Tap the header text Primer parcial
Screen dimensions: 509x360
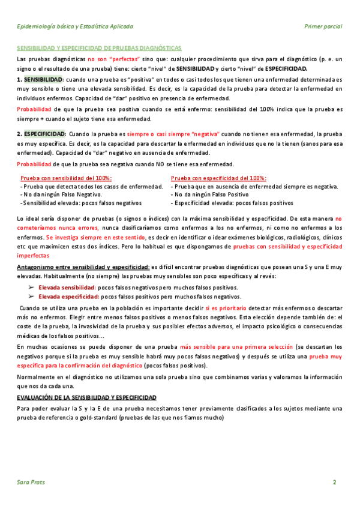pyautogui.click(x=323, y=27)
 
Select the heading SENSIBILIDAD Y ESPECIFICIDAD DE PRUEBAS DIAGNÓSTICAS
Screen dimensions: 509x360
pyautogui.click(x=100, y=47)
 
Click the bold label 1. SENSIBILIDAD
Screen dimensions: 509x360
pyautogui.click(x=40, y=79)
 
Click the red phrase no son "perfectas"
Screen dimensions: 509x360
pyautogui.click(x=114, y=59)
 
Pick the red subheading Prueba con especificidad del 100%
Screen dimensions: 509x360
pyautogui.click(x=219, y=178)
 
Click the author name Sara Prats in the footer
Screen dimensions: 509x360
pyautogui.click(x=31, y=482)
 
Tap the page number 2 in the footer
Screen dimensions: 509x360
pyautogui.click(x=335, y=482)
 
